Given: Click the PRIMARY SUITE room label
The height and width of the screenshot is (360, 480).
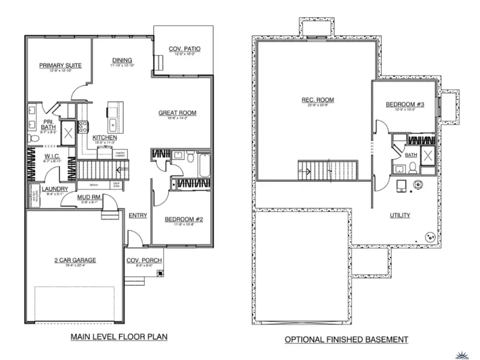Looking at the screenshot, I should [x=60, y=66].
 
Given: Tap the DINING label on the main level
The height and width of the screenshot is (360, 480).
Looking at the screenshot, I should [x=122, y=60].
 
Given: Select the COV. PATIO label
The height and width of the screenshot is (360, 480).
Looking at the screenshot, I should [x=185, y=49].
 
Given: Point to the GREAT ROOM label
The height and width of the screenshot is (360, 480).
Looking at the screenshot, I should [x=177, y=113].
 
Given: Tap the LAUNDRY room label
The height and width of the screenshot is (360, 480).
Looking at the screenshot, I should [x=54, y=189].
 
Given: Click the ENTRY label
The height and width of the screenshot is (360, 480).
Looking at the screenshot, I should [x=138, y=215].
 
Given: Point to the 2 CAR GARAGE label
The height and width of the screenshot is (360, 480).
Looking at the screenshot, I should [x=74, y=260].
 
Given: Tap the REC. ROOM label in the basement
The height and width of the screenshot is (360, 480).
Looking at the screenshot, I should [x=318, y=100].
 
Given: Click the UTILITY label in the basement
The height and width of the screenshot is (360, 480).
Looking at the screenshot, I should [x=399, y=215].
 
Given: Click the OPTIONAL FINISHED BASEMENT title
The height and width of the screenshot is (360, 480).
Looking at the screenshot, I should [x=346, y=339].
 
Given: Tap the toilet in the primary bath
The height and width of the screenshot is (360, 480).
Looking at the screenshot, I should [x=34, y=139].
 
